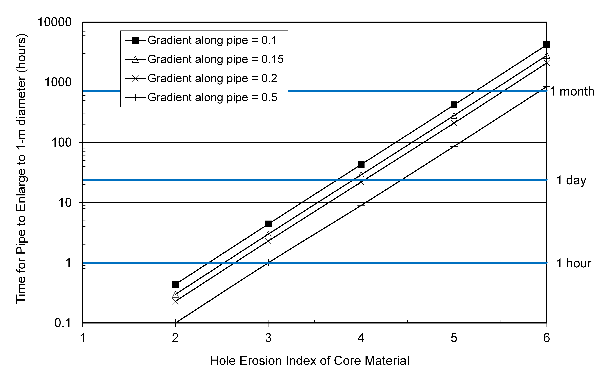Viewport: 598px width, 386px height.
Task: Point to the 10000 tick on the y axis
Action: pos(55,22)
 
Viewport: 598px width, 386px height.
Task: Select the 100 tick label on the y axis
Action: pos(61,143)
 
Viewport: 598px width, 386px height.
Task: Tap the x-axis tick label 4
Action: pos(361,338)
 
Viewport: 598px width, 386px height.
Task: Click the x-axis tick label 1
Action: pos(83,338)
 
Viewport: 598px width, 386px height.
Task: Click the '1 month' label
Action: pos(572,91)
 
